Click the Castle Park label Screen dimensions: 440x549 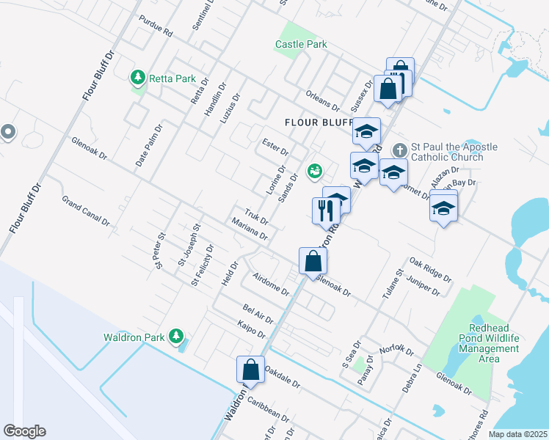coord(301,44)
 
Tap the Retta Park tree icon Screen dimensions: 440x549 coord(137,77)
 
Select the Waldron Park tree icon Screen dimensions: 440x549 coord(176,336)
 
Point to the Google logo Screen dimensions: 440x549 coord(24,431)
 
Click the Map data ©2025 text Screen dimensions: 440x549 coord(518,434)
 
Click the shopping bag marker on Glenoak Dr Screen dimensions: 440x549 coord(313,260)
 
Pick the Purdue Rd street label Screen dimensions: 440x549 coord(155,29)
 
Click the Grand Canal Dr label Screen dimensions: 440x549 coord(85,210)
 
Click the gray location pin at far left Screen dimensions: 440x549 coord(8,132)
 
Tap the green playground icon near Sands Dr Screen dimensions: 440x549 coord(315,171)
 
